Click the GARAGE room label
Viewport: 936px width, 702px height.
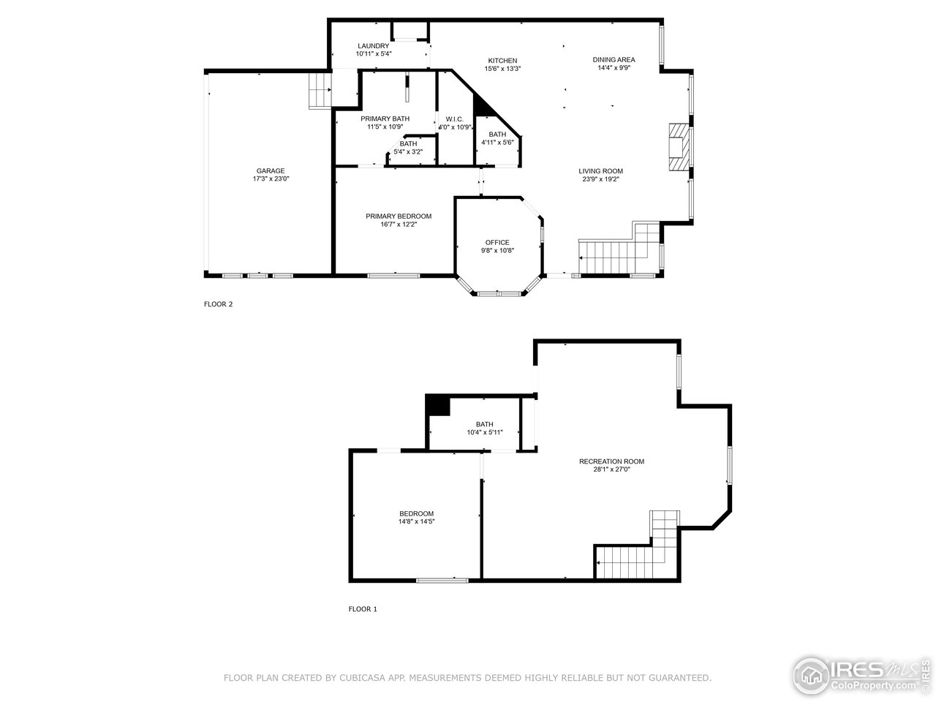pyautogui.click(x=270, y=171)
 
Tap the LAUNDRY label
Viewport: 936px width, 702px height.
pyautogui.click(x=373, y=46)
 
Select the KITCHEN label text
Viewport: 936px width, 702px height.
pyautogui.click(x=502, y=61)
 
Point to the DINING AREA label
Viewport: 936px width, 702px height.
pyautogui.click(x=614, y=60)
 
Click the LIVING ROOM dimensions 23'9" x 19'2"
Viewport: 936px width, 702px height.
pyautogui.click(x=600, y=179)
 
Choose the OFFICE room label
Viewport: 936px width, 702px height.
pyautogui.click(x=497, y=243)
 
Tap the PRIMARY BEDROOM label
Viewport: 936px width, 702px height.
pyautogui.click(x=399, y=216)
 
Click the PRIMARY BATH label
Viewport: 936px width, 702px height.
pyautogui.click(x=385, y=118)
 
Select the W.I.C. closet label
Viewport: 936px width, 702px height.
pyautogui.click(x=454, y=119)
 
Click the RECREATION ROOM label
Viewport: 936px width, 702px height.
pyautogui.click(x=611, y=461)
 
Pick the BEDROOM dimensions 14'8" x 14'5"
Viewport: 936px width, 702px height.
pyautogui.click(x=416, y=522)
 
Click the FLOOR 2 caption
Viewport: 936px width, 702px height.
pyautogui.click(x=218, y=305)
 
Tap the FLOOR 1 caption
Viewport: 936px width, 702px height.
pyautogui.click(x=362, y=609)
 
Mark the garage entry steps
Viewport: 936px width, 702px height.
pyautogui.click(x=320, y=90)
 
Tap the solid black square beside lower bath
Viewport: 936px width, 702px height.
pyautogui.click(x=437, y=405)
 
